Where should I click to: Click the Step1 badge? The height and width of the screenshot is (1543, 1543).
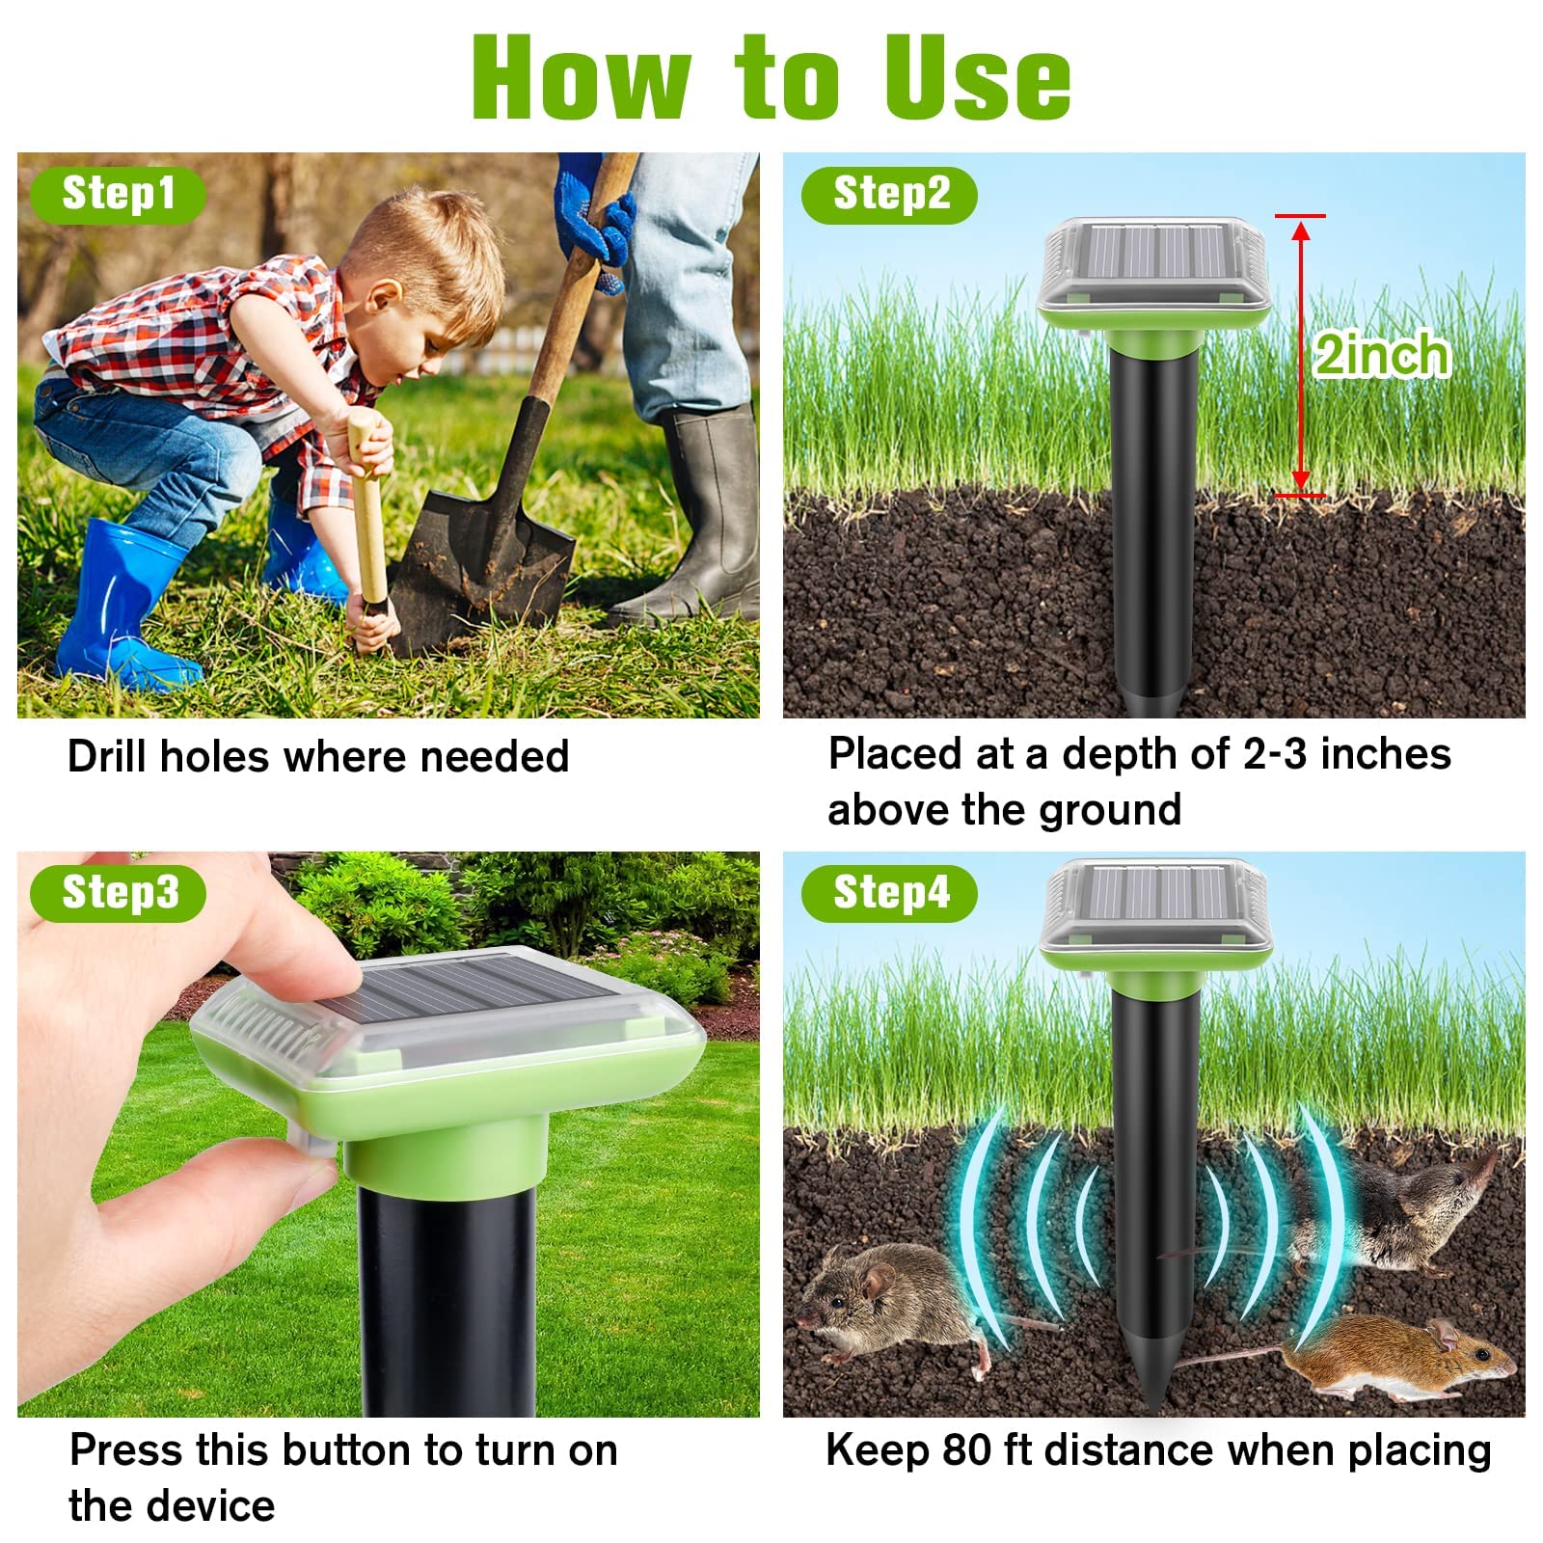click(x=118, y=195)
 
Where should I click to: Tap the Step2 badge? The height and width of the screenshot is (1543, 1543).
click(x=889, y=195)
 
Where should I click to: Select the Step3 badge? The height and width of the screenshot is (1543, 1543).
click(x=118, y=893)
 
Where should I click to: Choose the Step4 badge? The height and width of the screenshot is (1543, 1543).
click(x=889, y=893)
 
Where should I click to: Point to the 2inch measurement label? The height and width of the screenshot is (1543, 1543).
click(x=1382, y=355)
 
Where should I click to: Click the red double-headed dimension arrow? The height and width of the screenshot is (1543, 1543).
click(x=1300, y=355)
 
